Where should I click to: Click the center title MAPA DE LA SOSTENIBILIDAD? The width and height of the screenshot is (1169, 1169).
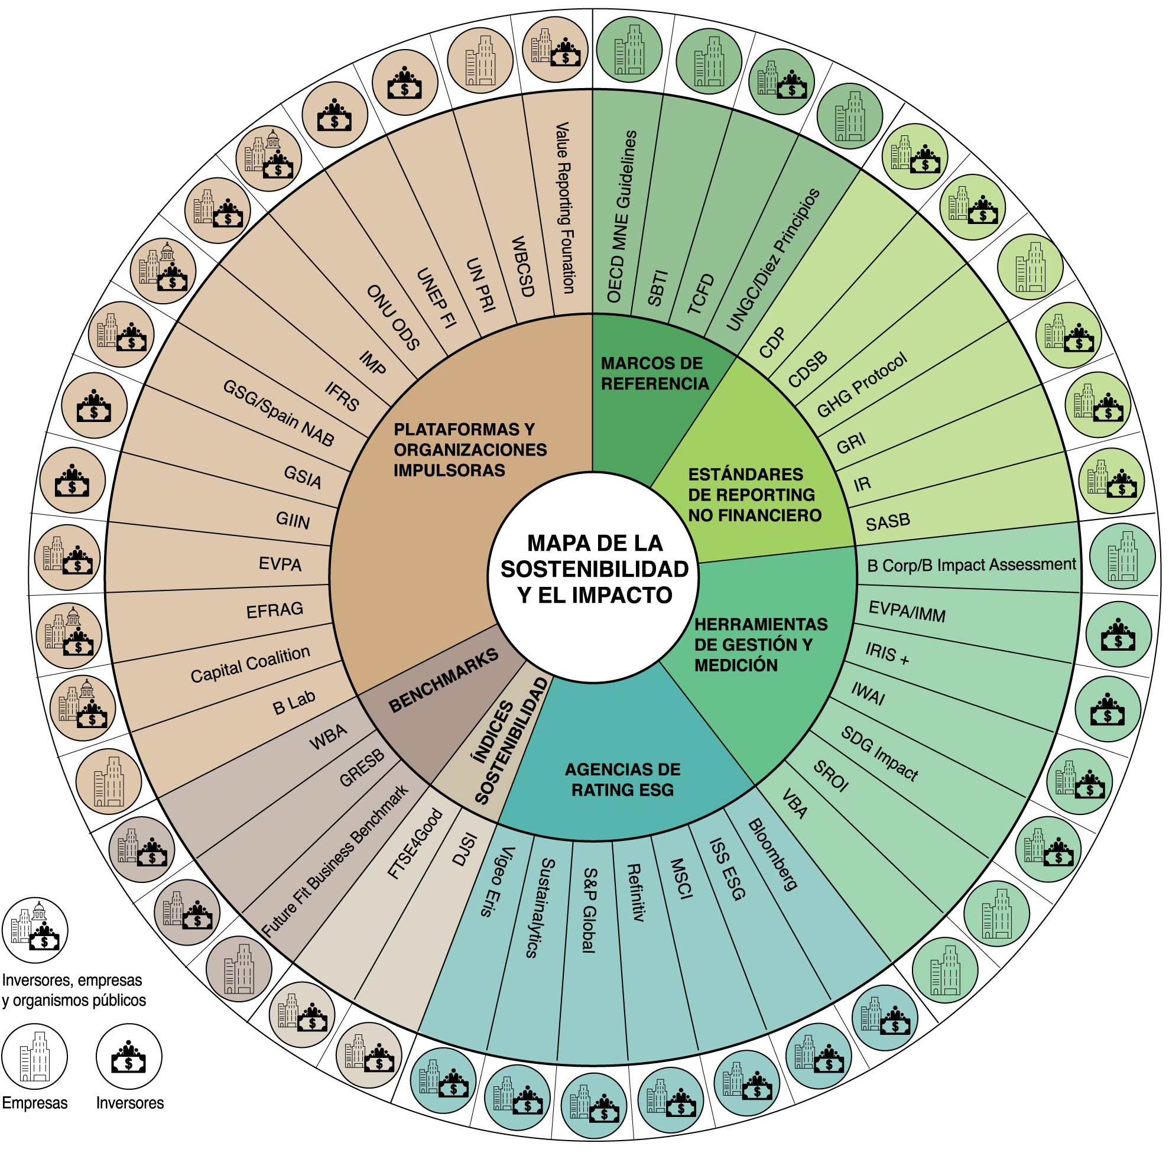click(594, 569)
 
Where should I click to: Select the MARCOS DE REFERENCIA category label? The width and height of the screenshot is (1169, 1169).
click(654, 374)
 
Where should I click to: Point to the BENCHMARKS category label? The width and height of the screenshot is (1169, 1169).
click(443, 680)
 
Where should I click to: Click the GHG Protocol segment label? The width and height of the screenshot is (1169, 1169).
click(862, 385)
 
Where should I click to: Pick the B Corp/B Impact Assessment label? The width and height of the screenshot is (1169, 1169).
click(971, 564)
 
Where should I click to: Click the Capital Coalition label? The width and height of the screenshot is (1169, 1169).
click(250, 664)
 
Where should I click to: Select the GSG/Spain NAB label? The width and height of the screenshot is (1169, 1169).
click(278, 413)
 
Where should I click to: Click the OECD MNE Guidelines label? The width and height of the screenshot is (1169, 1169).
click(621, 216)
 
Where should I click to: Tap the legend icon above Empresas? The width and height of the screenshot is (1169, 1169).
click(34, 1056)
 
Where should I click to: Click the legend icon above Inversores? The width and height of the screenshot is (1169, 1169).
click(129, 1056)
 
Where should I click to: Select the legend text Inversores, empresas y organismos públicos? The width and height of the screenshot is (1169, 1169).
click(73, 990)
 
